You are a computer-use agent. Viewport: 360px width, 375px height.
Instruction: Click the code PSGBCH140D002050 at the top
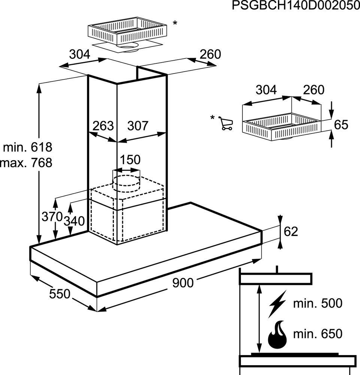296,6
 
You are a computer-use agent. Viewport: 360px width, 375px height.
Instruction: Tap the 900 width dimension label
183,283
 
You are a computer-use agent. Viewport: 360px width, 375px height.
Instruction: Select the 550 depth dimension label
60,294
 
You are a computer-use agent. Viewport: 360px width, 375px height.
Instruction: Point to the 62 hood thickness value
291,231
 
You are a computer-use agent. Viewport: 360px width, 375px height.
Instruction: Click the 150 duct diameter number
130,159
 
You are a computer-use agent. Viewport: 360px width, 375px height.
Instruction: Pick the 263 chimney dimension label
103,126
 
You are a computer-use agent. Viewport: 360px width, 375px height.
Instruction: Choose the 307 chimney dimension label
138,126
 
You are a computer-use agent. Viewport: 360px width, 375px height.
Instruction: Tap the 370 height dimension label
52,217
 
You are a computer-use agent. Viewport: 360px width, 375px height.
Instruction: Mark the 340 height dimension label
74,221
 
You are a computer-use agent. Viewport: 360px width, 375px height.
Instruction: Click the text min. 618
28,147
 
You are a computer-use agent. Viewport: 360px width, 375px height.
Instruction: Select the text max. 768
26,163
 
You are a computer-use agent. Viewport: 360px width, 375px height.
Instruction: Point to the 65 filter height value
341,125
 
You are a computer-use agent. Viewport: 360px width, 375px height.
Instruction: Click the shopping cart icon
226,123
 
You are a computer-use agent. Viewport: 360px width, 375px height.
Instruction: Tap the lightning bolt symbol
277,304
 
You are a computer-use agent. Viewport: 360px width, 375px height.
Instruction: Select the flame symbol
277,334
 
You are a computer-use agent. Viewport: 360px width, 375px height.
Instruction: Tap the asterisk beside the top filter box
175,23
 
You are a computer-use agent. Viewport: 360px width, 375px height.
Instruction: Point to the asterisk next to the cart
212,118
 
